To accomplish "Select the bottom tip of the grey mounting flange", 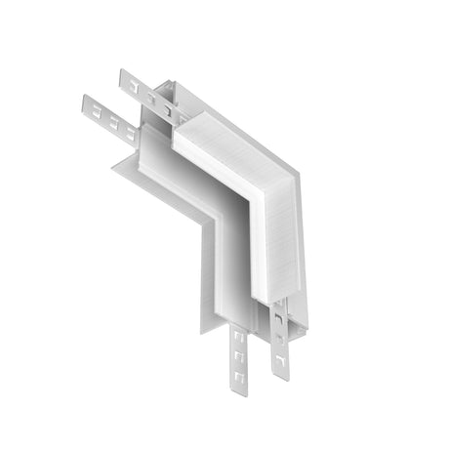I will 206,333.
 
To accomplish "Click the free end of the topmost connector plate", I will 122,76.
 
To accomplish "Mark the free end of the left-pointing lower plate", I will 87,102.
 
